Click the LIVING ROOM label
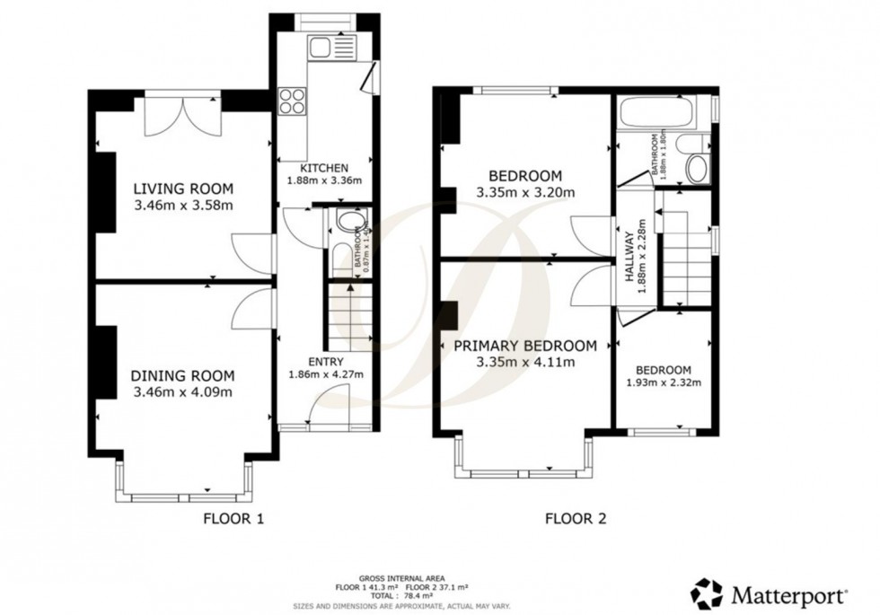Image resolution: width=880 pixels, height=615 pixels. (x=183, y=189)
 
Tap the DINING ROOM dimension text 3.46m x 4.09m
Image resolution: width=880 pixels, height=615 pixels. (x=183, y=392)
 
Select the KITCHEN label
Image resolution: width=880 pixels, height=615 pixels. (x=324, y=168)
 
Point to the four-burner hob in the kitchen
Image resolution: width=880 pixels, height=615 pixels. (x=292, y=100)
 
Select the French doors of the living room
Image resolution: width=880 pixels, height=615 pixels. (x=183, y=114)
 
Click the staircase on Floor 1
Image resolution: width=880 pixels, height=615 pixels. (x=350, y=314)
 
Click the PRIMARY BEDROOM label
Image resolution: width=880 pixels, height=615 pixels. (x=525, y=347)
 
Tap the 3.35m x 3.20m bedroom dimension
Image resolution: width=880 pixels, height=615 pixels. (x=525, y=191)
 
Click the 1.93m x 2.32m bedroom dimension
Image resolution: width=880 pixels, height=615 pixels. (x=664, y=382)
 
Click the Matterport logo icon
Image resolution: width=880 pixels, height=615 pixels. (x=707, y=594)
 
